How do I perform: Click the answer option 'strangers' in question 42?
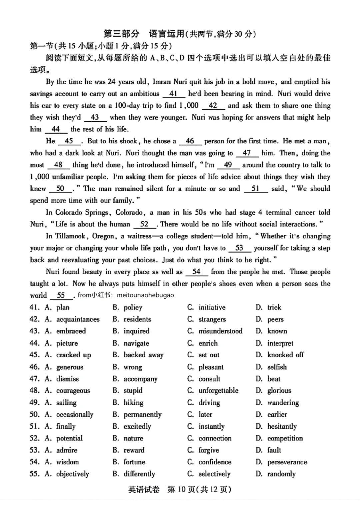coord(212,319)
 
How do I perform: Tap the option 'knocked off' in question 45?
coord(285,355)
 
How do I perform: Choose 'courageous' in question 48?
coord(73,391)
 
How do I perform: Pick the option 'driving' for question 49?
coord(209,403)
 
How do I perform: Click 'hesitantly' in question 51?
coord(282,426)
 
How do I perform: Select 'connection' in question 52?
coord(215,438)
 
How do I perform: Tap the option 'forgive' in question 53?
coord(209,450)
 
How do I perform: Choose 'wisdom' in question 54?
coord(67,462)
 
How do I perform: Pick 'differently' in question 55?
coord(139,474)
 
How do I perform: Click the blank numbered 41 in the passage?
coord(173,94)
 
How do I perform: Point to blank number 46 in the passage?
coord(190,141)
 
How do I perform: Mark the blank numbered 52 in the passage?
coord(144,224)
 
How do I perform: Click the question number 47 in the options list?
coord(34,379)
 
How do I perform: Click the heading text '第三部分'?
coord(121,34)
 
